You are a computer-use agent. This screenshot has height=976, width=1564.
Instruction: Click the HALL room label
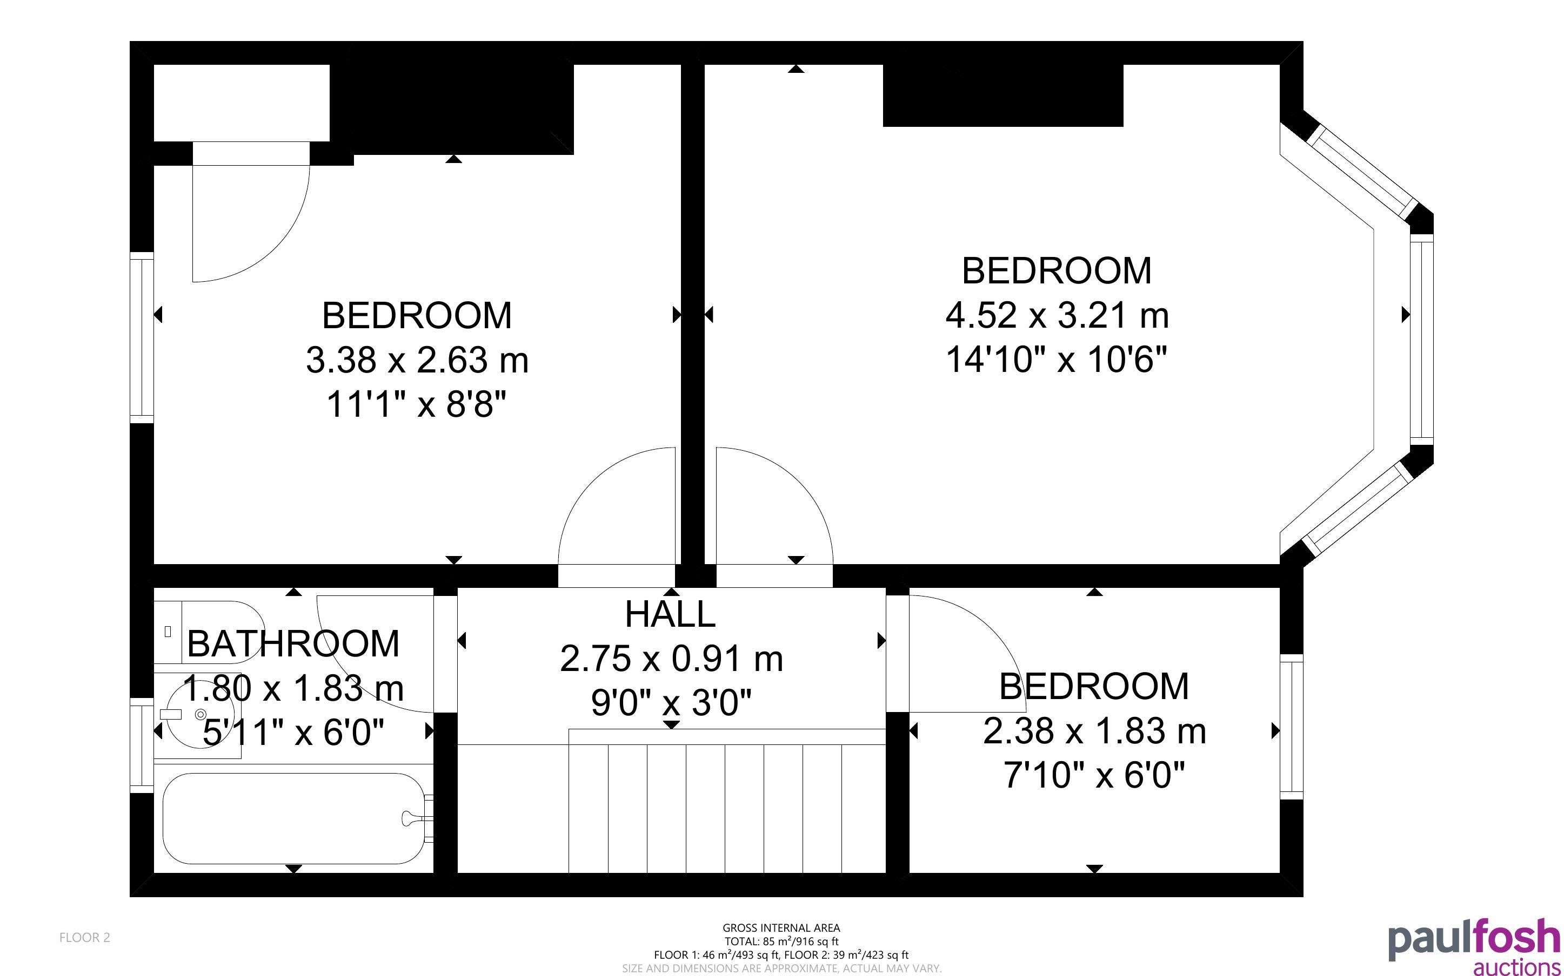(670, 614)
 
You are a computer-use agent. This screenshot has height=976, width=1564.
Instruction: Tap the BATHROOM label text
(293, 643)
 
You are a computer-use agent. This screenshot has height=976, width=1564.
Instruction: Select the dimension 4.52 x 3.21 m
(1057, 315)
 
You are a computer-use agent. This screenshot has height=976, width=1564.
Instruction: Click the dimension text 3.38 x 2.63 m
(417, 360)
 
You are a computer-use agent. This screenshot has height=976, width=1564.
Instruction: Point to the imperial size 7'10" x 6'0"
(1094, 775)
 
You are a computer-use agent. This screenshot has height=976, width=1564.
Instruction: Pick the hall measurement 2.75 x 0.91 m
(671, 659)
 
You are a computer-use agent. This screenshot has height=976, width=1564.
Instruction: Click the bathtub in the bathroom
(294, 818)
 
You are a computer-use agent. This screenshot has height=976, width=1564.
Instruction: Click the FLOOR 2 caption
(85, 937)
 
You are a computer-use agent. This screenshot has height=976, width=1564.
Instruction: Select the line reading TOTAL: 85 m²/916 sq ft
(781, 941)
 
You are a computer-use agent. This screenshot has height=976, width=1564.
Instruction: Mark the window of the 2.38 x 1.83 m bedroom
(1292, 727)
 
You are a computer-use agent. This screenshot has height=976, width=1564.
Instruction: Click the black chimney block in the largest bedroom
(1002, 96)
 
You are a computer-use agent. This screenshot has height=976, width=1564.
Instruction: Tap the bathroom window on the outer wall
(142, 745)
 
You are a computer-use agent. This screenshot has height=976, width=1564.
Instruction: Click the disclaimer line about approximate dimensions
(781, 968)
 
